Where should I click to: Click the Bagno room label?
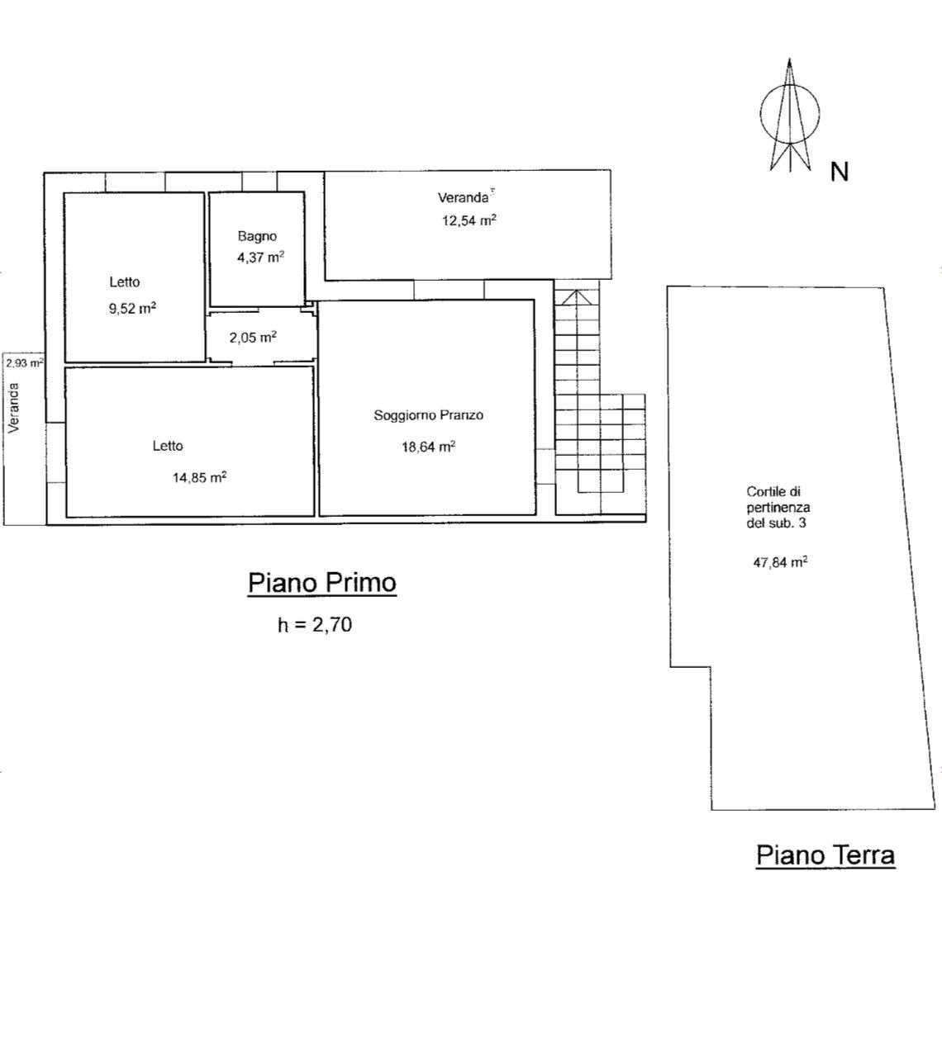click(257, 236)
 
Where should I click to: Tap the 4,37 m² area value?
click(260, 257)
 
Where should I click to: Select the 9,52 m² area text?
click(132, 308)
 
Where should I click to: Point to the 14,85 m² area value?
click(199, 477)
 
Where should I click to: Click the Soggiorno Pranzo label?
click(429, 415)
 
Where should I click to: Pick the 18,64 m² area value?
click(429, 447)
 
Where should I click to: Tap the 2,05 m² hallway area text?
click(253, 338)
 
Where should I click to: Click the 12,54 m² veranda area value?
click(469, 220)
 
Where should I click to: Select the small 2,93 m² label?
click(25, 363)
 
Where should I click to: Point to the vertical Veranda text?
click(13, 408)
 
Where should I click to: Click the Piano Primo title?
click(322, 583)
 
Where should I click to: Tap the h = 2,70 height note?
click(315, 624)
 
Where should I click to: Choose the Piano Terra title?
click(825, 855)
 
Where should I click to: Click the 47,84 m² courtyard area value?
click(780, 562)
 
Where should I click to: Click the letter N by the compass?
click(840, 172)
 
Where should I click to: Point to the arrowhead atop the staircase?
click(577, 298)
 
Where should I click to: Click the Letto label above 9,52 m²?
click(125, 282)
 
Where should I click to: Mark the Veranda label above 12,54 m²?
click(463, 197)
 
